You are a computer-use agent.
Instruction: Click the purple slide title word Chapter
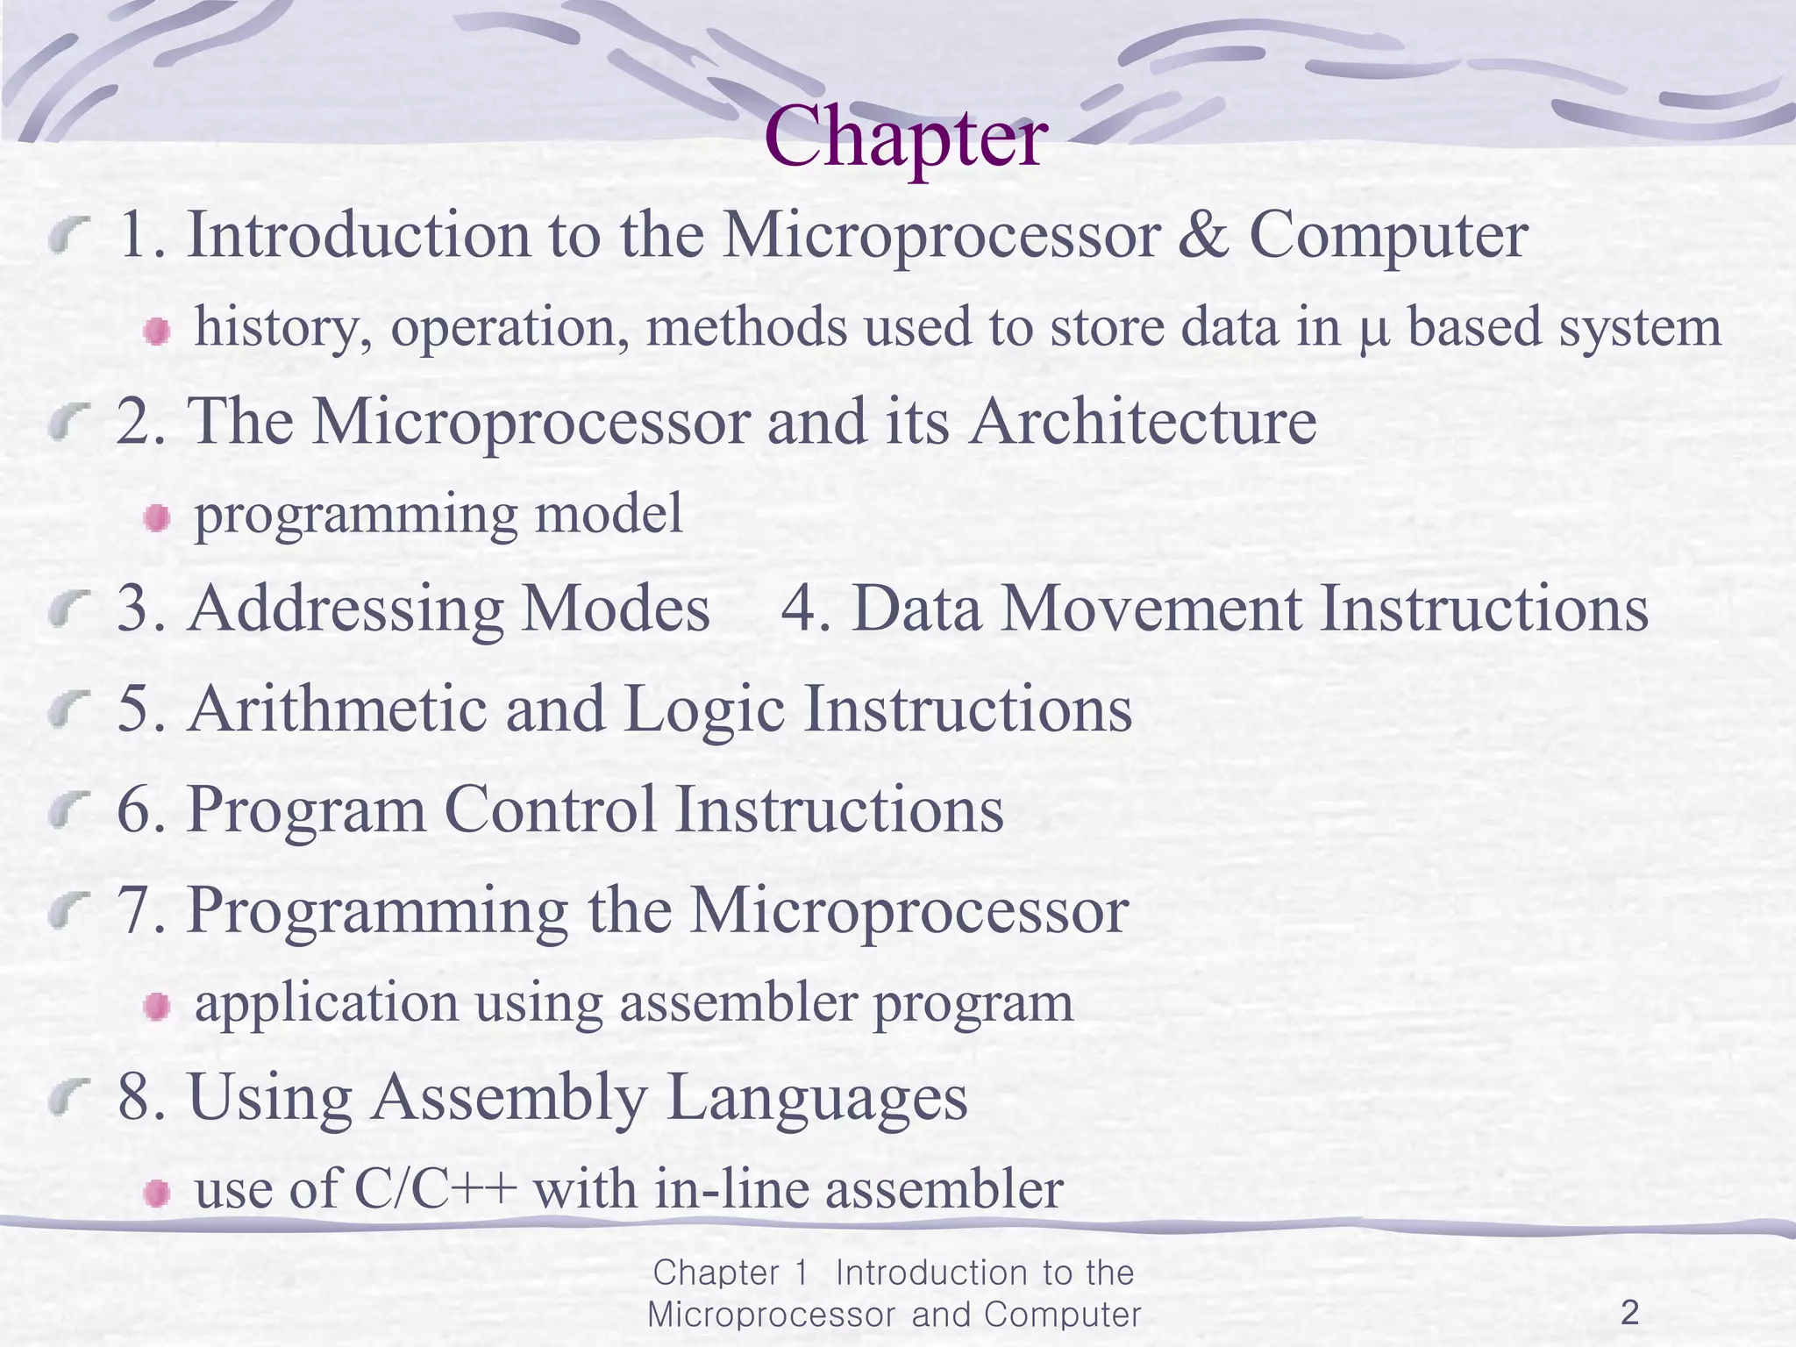(905, 139)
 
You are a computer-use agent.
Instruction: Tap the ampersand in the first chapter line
(1203, 235)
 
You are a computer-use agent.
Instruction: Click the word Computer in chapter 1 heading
(1388, 237)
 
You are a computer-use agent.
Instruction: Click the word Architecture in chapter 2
(1143, 422)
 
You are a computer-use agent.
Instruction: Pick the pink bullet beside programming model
(157, 518)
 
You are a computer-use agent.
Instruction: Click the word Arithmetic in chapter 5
(337, 709)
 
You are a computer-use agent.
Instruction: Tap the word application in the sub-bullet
(326, 1004)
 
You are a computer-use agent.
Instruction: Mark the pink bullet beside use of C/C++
(157, 1194)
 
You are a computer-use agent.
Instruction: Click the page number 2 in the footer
(1629, 1313)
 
